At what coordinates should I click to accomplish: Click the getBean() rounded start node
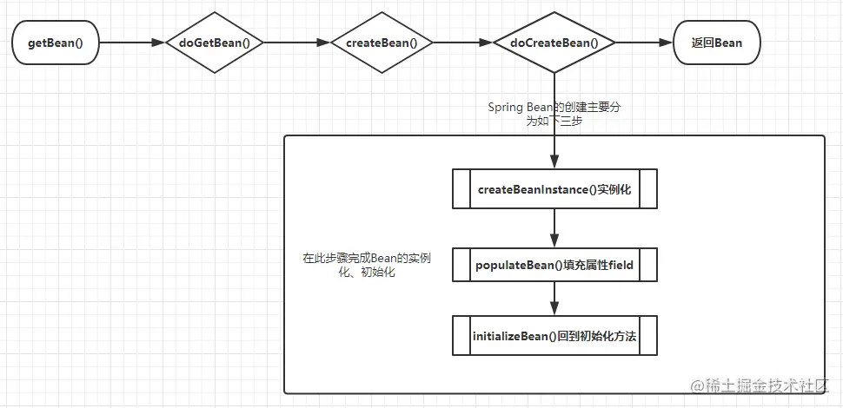pos(55,43)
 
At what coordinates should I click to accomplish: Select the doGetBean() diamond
pos(215,43)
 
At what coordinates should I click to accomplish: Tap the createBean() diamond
pos(382,43)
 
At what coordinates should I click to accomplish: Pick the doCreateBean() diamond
pos(554,43)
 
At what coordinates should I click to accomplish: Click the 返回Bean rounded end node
pos(716,43)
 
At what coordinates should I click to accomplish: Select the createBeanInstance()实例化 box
pos(554,189)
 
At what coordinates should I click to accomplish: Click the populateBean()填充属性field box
pos(554,266)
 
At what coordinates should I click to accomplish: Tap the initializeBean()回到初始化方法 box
pos(554,336)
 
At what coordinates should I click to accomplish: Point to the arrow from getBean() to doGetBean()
pos(130,43)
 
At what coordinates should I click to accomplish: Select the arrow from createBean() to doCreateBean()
pos(462,43)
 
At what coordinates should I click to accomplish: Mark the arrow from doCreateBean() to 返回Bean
pos(644,43)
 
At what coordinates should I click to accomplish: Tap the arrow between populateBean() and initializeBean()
pos(554,299)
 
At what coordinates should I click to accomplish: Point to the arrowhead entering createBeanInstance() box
pos(554,163)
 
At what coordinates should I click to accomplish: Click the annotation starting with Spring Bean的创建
pos(554,114)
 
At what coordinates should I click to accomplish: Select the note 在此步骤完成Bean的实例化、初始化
pos(367,265)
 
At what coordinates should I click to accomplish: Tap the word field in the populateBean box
pos(619,266)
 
